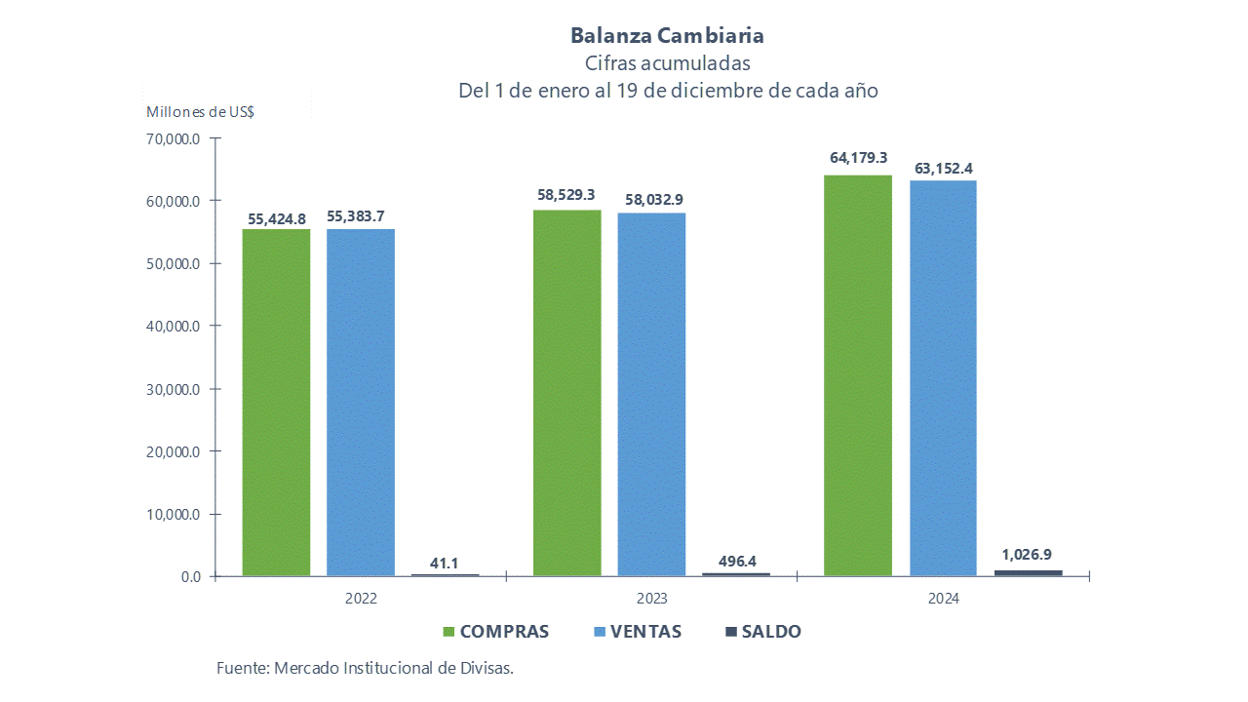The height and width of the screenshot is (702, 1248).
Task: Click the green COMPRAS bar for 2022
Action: (x=277, y=402)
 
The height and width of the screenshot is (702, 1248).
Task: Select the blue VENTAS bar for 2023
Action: (x=651, y=394)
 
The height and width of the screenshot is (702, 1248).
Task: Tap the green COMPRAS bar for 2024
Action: (x=858, y=375)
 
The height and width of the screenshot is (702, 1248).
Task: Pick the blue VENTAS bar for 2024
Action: (x=943, y=378)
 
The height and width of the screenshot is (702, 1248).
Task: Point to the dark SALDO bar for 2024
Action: (x=1028, y=572)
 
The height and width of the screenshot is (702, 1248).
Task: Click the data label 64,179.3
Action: (x=858, y=157)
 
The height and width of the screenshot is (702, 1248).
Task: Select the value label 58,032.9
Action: (x=651, y=200)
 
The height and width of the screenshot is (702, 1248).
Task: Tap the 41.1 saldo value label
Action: (x=444, y=563)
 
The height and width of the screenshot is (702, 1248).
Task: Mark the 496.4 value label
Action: (x=735, y=562)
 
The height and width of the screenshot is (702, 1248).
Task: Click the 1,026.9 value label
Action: (x=1029, y=555)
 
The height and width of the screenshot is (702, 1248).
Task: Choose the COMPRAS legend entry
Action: (x=495, y=632)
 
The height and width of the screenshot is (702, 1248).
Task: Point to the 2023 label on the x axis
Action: (x=652, y=599)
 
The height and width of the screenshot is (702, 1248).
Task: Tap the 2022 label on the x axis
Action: (x=361, y=599)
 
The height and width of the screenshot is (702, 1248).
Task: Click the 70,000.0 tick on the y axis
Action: (x=173, y=138)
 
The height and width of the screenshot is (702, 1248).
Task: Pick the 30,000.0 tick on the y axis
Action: (x=173, y=389)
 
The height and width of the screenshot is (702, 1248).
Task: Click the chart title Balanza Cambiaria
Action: (x=667, y=36)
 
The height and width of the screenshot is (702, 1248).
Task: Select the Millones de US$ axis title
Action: (x=200, y=111)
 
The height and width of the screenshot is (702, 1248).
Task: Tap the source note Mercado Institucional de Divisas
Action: (x=365, y=668)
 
